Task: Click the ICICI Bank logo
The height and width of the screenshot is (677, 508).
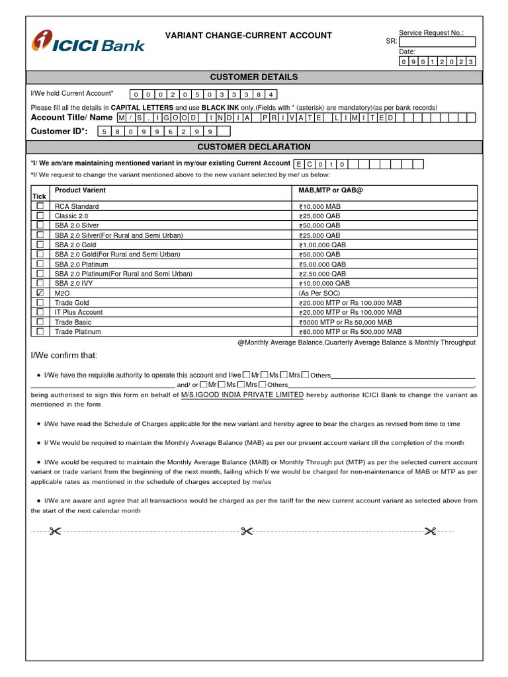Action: point(88,42)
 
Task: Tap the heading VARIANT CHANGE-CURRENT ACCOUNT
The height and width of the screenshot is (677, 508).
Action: point(248,36)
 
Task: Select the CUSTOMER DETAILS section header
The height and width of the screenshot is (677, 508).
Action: point(253,77)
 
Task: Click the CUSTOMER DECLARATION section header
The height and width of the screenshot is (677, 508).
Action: point(253,147)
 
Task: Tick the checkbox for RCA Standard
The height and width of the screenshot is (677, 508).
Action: point(40,206)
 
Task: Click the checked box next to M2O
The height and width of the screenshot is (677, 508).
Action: point(40,292)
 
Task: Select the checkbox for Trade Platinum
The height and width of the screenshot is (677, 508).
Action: point(40,331)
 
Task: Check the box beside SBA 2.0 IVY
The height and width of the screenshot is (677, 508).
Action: point(40,283)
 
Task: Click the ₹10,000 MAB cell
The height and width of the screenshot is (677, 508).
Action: point(319,206)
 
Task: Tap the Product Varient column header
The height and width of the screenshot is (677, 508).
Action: point(80,190)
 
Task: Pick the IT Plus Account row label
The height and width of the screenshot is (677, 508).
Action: point(79,312)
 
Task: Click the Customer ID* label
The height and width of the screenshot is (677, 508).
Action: point(60,131)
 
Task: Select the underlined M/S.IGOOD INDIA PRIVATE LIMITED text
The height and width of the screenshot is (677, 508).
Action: point(242,395)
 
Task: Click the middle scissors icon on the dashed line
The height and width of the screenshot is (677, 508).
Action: point(247,531)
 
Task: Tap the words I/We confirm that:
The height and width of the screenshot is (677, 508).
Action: point(64,356)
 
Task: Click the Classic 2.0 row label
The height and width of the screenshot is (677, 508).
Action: point(71,216)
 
